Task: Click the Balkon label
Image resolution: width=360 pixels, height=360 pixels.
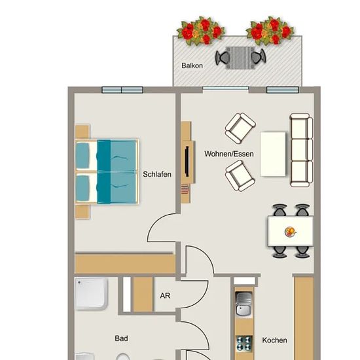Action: click(x=192, y=65)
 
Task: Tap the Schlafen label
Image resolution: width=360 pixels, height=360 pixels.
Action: click(x=157, y=174)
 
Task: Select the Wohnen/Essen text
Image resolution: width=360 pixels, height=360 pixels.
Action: click(x=229, y=154)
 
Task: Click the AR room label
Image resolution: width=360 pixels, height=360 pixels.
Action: click(x=165, y=295)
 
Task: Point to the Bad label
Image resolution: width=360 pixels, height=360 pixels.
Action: click(x=121, y=338)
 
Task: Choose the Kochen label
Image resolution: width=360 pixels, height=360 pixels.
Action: click(x=275, y=340)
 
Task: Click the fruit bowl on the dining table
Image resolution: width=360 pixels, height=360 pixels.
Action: click(x=290, y=232)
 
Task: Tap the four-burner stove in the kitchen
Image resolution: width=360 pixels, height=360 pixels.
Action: click(x=244, y=343)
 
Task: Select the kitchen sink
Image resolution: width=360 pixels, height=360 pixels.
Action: click(x=244, y=304)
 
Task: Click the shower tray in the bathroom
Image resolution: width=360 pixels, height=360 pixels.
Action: click(x=91, y=293)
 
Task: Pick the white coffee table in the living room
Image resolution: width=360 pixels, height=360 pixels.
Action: click(x=273, y=154)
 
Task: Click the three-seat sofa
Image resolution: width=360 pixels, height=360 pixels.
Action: click(x=302, y=150)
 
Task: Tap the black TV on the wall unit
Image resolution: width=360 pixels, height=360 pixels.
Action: click(x=187, y=162)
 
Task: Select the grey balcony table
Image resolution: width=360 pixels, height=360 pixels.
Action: click(x=240, y=58)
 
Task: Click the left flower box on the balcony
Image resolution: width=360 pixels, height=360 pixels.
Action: click(x=201, y=31)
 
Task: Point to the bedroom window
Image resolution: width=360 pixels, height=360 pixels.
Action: click(x=122, y=90)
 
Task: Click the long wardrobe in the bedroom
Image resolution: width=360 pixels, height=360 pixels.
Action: click(x=125, y=263)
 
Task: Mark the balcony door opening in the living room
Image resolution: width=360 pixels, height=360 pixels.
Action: click(x=225, y=88)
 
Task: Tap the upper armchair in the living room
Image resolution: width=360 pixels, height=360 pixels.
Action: click(x=240, y=128)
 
